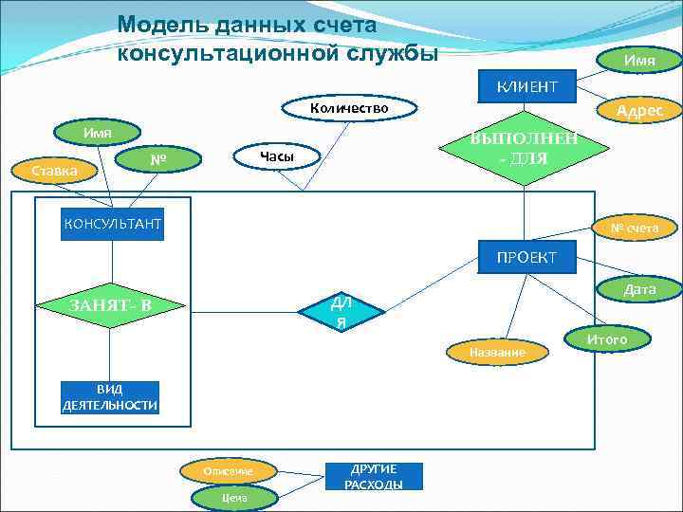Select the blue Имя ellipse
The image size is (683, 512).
(x=638, y=61)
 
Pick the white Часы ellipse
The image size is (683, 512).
(x=276, y=155)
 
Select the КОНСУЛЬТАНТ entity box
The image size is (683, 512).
(x=112, y=224)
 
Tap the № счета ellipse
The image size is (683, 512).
(x=633, y=228)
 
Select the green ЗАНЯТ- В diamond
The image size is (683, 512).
(x=110, y=305)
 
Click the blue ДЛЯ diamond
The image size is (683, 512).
(x=339, y=312)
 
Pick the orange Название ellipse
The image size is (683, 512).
(x=497, y=352)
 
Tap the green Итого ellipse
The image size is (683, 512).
(x=607, y=338)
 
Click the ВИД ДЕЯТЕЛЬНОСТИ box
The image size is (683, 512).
(x=110, y=397)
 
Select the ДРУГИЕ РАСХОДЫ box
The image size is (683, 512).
(x=373, y=476)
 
